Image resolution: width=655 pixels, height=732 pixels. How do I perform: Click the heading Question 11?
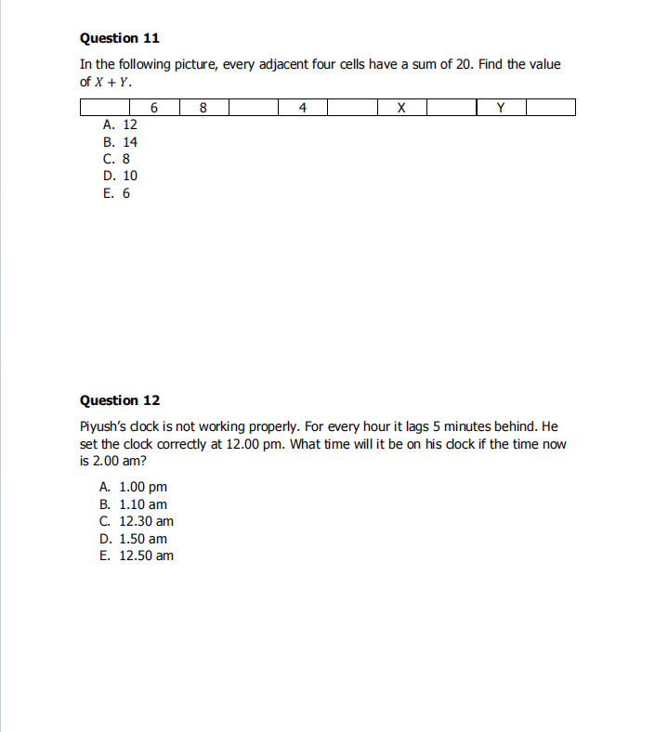(120, 38)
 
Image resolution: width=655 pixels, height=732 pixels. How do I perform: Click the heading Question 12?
(120, 400)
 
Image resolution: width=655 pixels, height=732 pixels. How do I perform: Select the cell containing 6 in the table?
(154, 108)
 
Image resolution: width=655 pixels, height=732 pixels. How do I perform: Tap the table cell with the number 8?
(203, 108)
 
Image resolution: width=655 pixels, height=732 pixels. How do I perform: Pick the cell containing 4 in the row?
(303, 108)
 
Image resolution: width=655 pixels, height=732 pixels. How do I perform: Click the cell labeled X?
(401, 108)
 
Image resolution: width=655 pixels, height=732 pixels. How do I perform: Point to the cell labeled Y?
(501, 108)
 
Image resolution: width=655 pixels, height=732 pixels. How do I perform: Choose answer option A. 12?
(121, 124)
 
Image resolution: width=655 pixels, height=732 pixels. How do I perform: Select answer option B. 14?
(121, 142)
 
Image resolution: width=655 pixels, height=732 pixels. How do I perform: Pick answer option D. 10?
(121, 176)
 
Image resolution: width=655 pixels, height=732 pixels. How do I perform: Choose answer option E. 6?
(117, 193)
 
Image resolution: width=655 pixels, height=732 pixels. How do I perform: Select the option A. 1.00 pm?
(134, 487)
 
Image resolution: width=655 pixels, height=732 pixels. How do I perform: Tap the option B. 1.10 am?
(134, 504)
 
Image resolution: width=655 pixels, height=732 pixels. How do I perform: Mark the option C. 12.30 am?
(137, 521)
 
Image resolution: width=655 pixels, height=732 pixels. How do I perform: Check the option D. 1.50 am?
(134, 539)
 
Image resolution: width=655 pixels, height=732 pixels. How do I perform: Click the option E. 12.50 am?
(137, 556)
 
